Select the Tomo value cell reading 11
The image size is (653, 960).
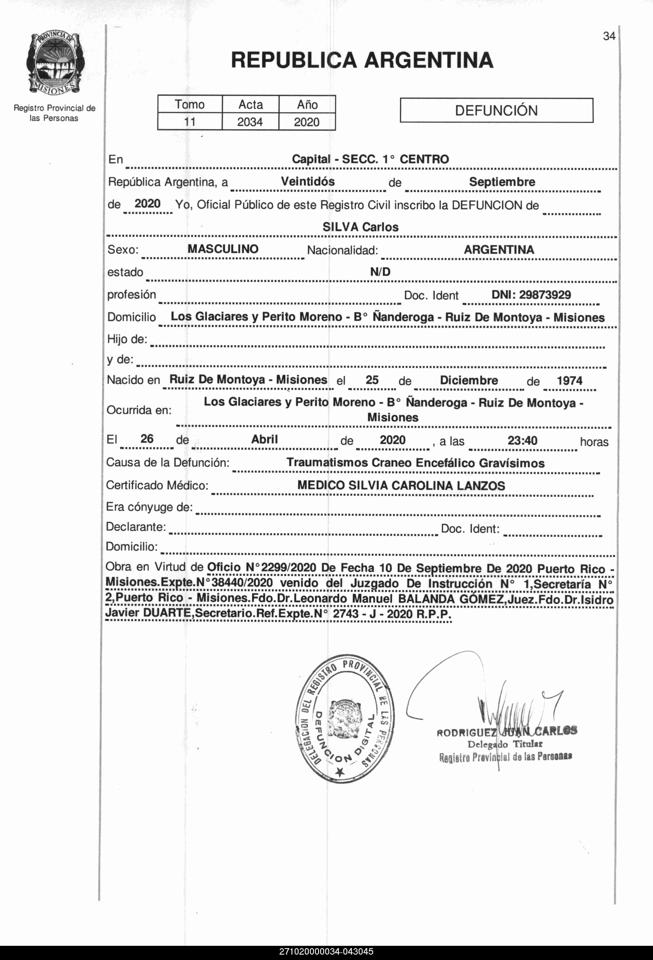[190, 122]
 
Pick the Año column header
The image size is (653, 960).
[307, 105]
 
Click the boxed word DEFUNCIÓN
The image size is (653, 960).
[496, 110]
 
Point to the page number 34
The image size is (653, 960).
[609, 36]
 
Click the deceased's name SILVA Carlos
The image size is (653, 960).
[360, 227]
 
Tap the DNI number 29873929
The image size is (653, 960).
[545, 295]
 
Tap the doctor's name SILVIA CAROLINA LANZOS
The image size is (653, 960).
[426, 485]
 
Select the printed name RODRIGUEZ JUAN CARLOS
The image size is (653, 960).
[507, 733]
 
